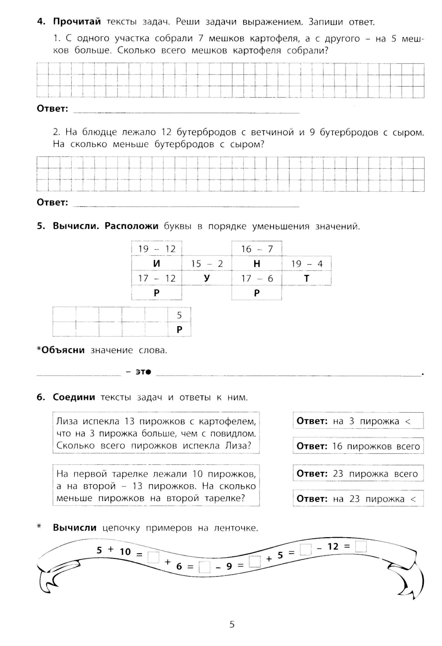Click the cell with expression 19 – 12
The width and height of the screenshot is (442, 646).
[x=156, y=249]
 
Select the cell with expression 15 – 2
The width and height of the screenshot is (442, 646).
[x=207, y=264]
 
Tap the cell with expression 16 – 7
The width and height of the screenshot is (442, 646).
[x=257, y=249]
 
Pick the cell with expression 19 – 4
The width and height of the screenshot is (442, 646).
[x=307, y=264]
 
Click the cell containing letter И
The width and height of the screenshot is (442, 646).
[x=156, y=264]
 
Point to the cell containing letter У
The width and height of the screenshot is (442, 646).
[x=207, y=278]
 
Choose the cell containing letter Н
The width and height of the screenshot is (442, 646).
[x=257, y=264]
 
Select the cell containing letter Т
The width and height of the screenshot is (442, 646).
[x=307, y=278]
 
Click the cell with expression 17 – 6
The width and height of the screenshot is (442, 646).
[x=257, y=278]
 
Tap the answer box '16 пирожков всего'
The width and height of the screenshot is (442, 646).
[x=358, y=446]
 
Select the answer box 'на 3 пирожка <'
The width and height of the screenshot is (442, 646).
[x=358, y=421]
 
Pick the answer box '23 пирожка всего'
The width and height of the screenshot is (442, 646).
[x=358, y=474]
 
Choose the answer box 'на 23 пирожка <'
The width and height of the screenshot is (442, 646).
[x=358, y=499]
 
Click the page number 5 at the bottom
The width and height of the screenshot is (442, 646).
[x=232, y=624]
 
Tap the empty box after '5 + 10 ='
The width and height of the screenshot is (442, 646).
[x=153, y=557]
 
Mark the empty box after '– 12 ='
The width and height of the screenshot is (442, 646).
[x=361, y=547]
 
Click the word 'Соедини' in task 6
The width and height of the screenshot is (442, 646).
[x=74, y=397]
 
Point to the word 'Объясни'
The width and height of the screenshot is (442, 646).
[x=62, y=350]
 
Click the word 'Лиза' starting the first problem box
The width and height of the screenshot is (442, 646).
[x=67, y=421]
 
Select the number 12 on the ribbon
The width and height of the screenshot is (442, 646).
[x=333, y=547]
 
